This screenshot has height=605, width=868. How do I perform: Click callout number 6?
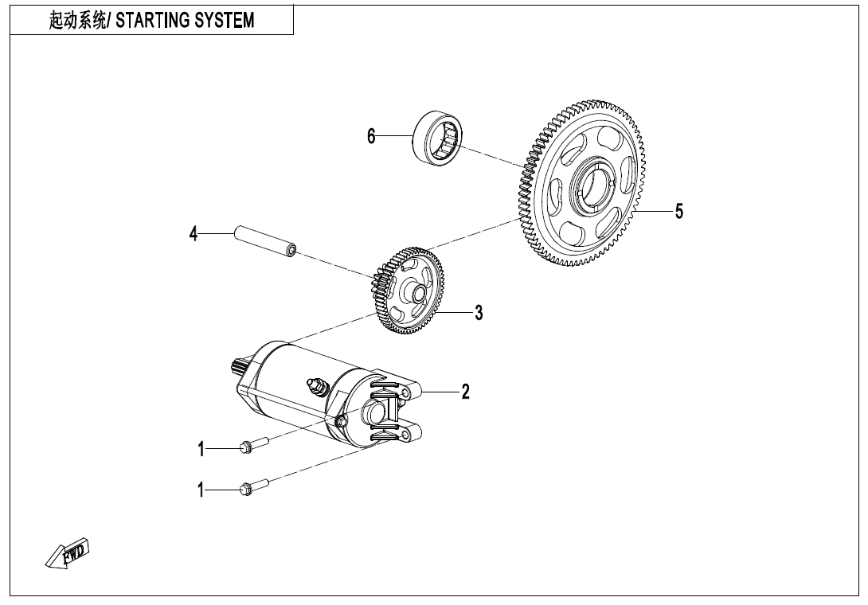point(371,136)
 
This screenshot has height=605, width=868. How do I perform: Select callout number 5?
point(678,211)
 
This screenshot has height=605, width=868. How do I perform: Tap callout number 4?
point(194,234)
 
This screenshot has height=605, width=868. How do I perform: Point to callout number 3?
point(479,313)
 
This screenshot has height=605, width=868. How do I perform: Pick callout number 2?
point(466,392)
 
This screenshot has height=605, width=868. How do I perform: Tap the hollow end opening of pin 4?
point(292,252)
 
